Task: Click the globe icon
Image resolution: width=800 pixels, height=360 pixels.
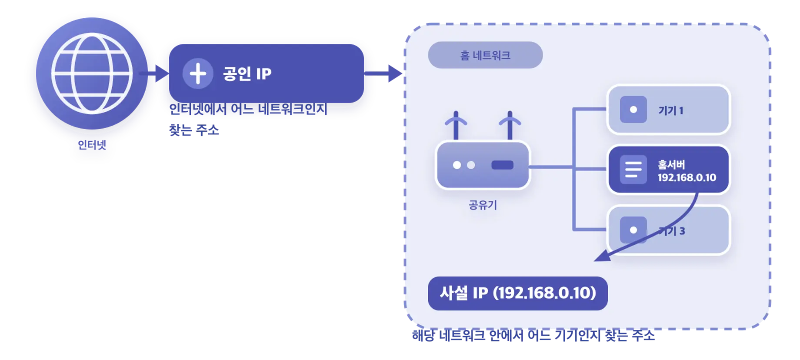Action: pos(92,73)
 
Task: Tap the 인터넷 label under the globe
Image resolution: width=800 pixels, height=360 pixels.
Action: pos(92,145)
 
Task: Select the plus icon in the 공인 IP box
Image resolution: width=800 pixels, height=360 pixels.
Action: pos(198,73)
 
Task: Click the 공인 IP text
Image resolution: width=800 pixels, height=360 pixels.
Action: pos(247,73)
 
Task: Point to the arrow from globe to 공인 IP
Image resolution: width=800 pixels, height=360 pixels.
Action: pos(154,73)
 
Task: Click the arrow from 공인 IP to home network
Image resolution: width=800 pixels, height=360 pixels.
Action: pos(383,73)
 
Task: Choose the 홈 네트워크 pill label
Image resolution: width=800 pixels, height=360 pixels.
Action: pos(485,55)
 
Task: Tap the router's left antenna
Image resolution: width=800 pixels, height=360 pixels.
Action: pos(456,125)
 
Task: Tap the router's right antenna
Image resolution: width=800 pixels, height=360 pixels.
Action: pos(510,125)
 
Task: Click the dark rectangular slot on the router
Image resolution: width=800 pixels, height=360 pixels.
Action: pos(502,165)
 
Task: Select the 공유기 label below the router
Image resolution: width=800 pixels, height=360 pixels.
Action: pos(483,205)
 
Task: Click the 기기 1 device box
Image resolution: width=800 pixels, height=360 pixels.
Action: pos(669,110)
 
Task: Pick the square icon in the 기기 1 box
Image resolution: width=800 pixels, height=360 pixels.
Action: pos(633,110)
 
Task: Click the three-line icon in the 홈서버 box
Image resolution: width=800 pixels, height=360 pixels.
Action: pos(633,170)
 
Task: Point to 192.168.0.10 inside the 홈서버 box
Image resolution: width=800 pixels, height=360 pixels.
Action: pos(687,177)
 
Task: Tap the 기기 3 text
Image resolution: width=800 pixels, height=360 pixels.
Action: pos(672,231)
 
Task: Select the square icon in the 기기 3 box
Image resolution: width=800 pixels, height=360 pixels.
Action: pos(633,230)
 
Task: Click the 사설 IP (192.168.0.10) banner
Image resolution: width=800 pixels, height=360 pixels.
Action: pos(518,293)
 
